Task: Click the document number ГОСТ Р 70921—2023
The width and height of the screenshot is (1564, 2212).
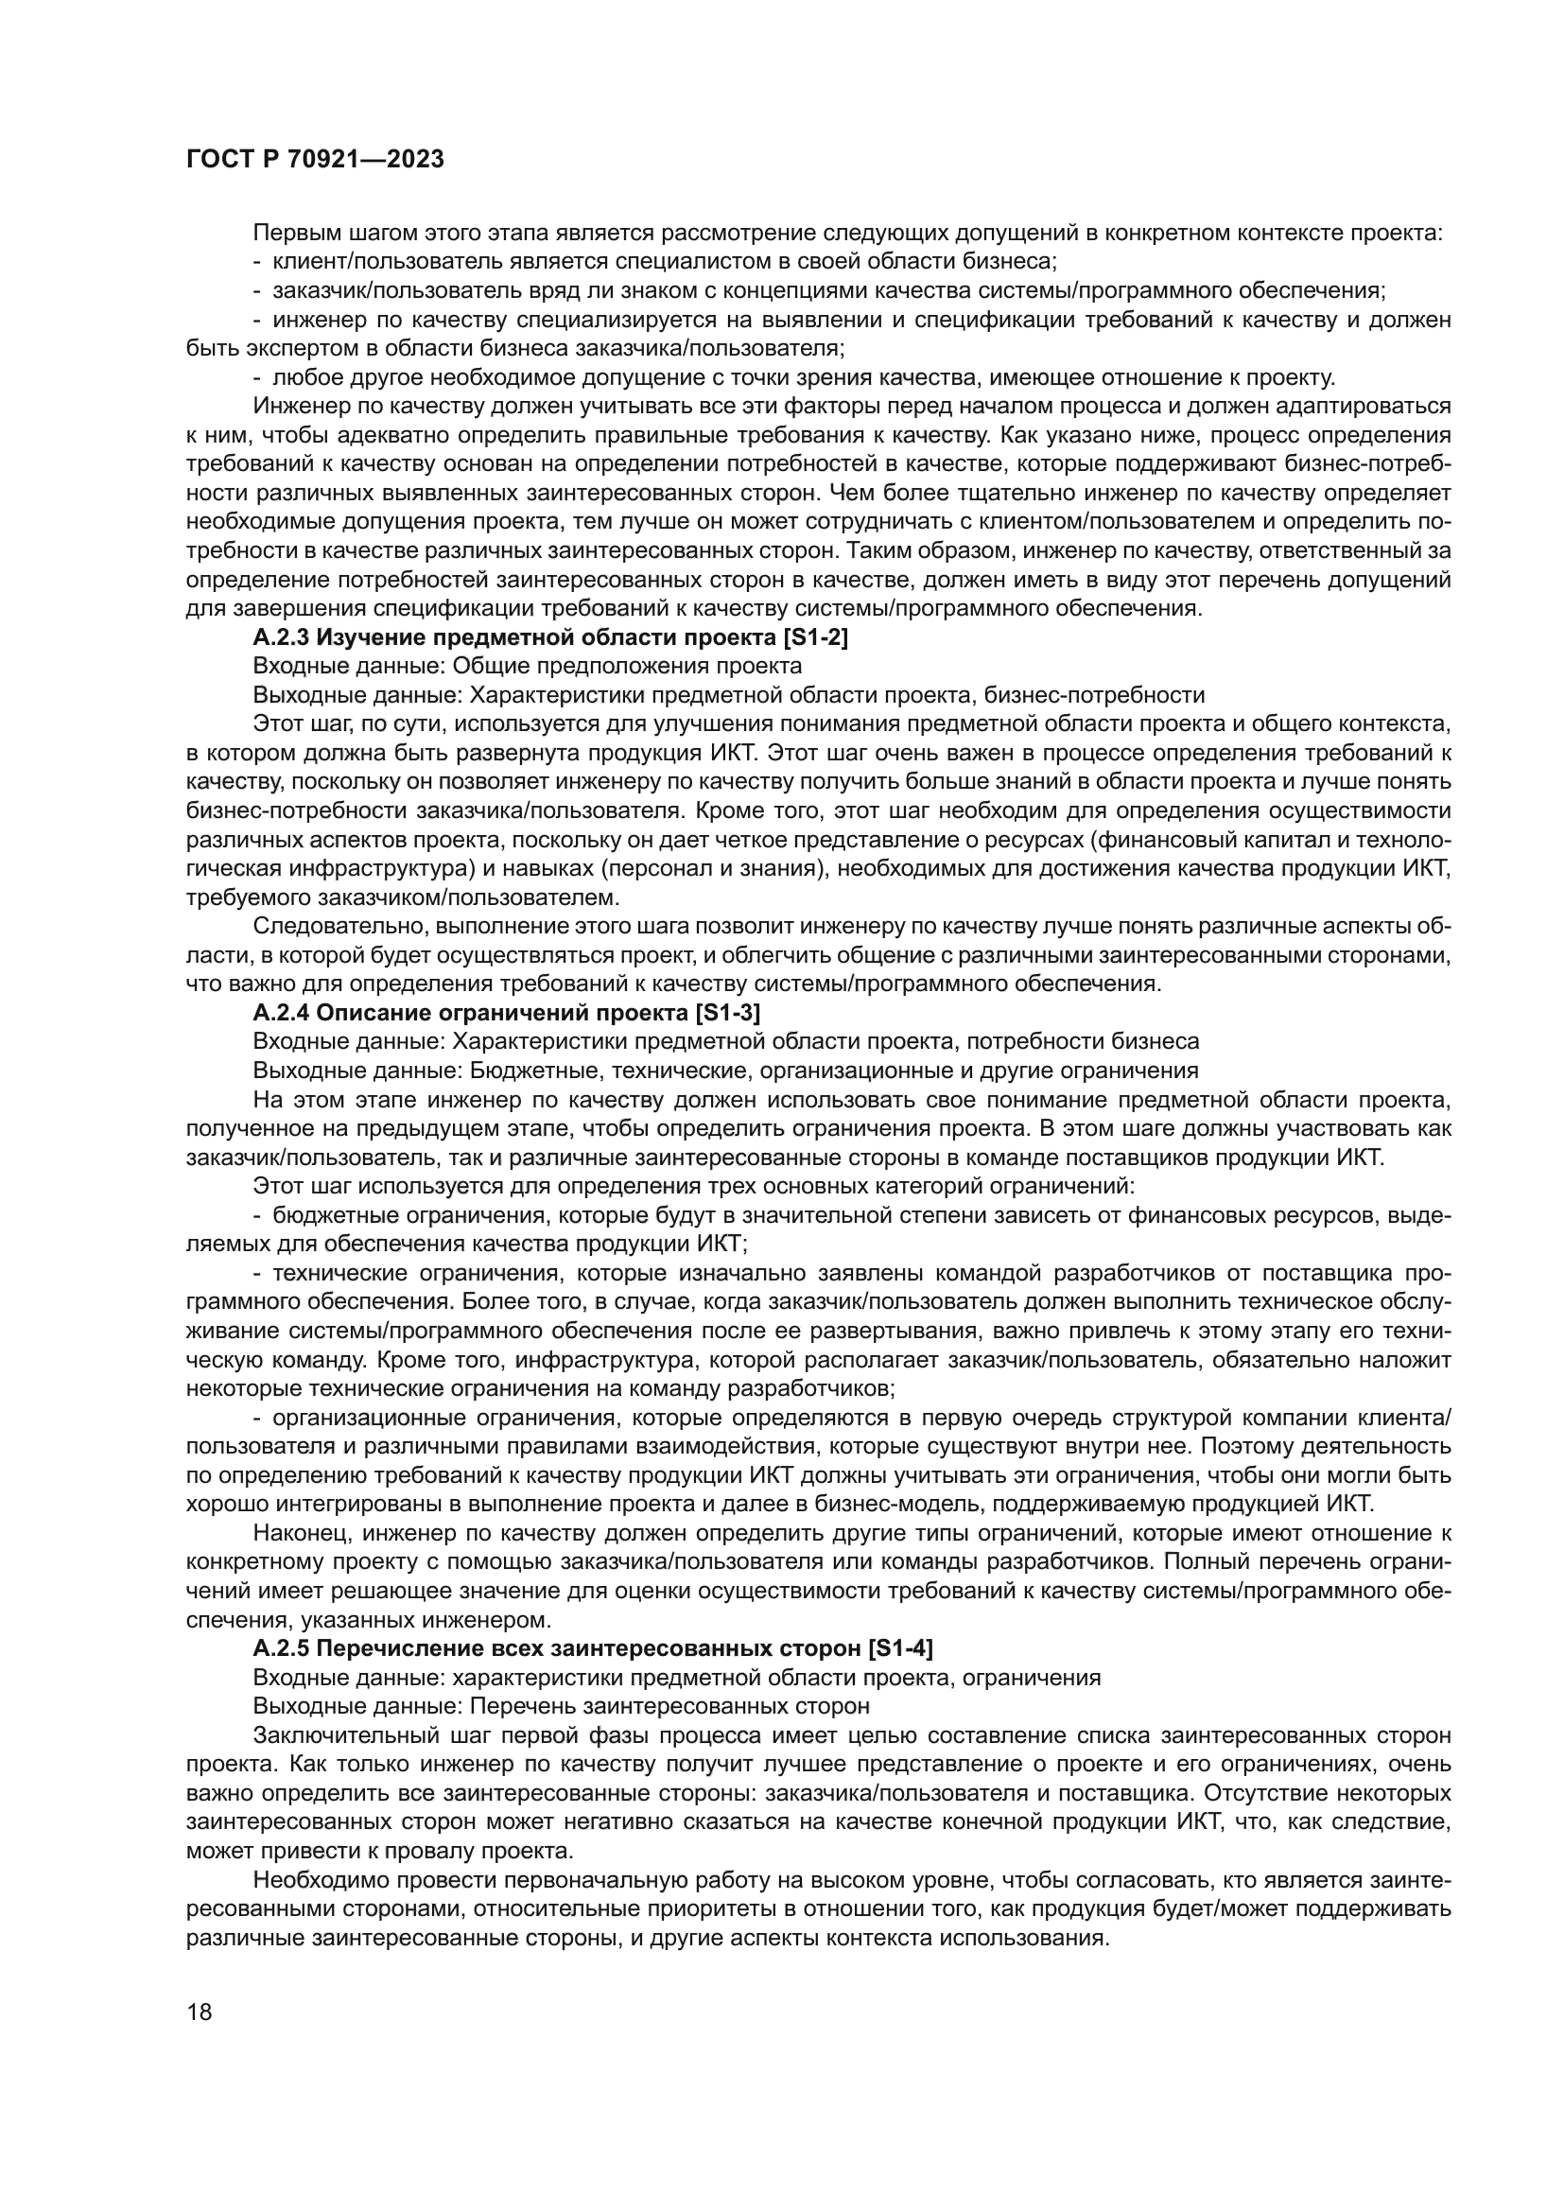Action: (x=315, y=159)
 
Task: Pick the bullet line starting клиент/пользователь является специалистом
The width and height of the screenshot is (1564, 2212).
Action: (x=665, y=261)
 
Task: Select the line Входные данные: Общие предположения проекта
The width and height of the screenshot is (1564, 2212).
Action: (x=527, y=666)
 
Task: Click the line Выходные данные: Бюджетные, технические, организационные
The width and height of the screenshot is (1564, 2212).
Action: (x=725, y=1071)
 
